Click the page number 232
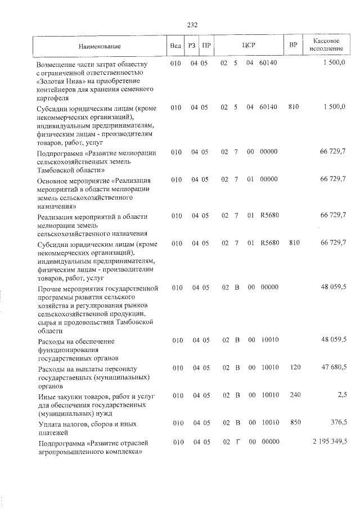[x=192, y=25]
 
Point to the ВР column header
[x=293, y=46]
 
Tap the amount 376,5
[x=336, y=422]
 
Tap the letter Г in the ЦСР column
[x=237, y=442]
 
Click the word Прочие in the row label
[x=49, y=289]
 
